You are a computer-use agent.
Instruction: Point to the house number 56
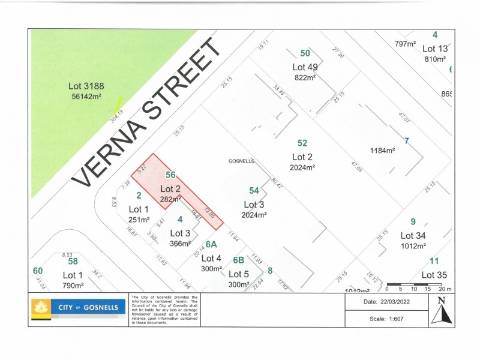(170, 175)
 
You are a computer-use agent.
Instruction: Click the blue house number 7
(406, 141)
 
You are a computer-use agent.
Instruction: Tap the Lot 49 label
(305, 67)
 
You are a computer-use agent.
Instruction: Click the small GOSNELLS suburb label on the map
(242, 161)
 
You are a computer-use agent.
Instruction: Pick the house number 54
(254, 190)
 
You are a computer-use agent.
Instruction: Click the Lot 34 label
(413, 235)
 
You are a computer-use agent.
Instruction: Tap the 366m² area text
(181, 243)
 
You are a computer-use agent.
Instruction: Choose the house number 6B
(238, 260)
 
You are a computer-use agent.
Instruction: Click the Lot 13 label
(435, 49)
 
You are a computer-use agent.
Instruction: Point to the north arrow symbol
(442, 311)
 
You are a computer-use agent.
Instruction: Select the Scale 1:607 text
(385, 318)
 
